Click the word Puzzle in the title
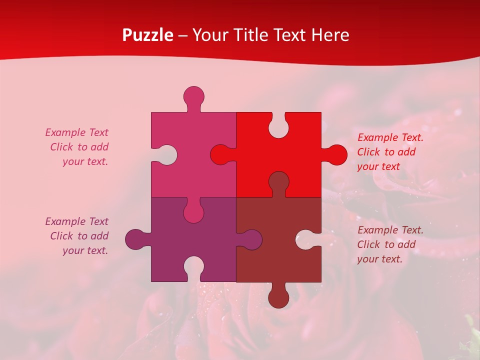pyautogui.click(x=148, y=35)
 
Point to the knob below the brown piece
pyautogui.click(x=278, y=297)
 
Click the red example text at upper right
pyautogui.click(x=390, y=152)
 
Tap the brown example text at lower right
pyautogui.click(x=390, y=244)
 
